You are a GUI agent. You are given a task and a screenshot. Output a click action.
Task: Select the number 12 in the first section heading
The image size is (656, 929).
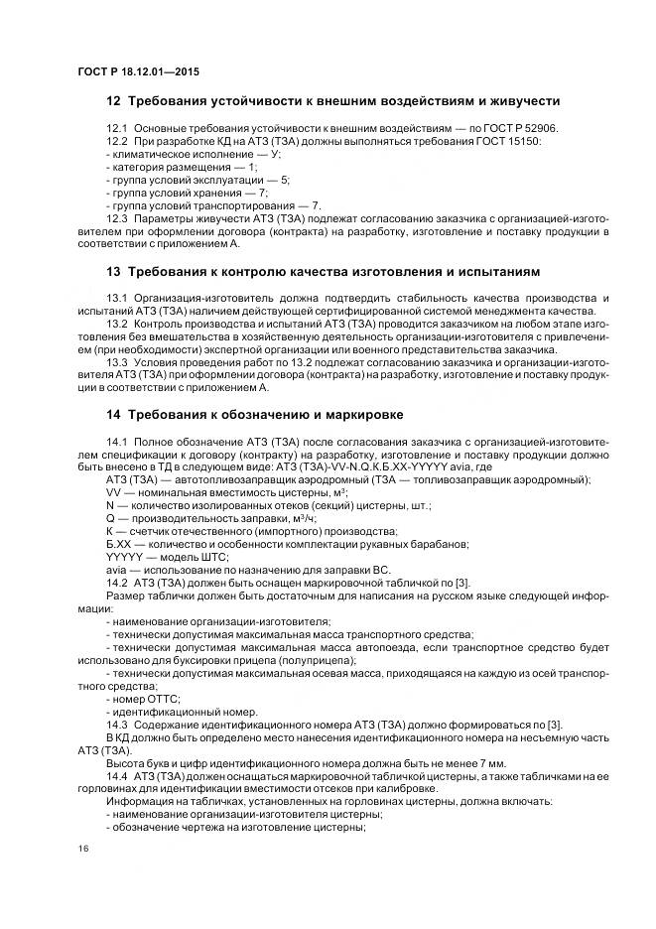click(114, 101)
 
